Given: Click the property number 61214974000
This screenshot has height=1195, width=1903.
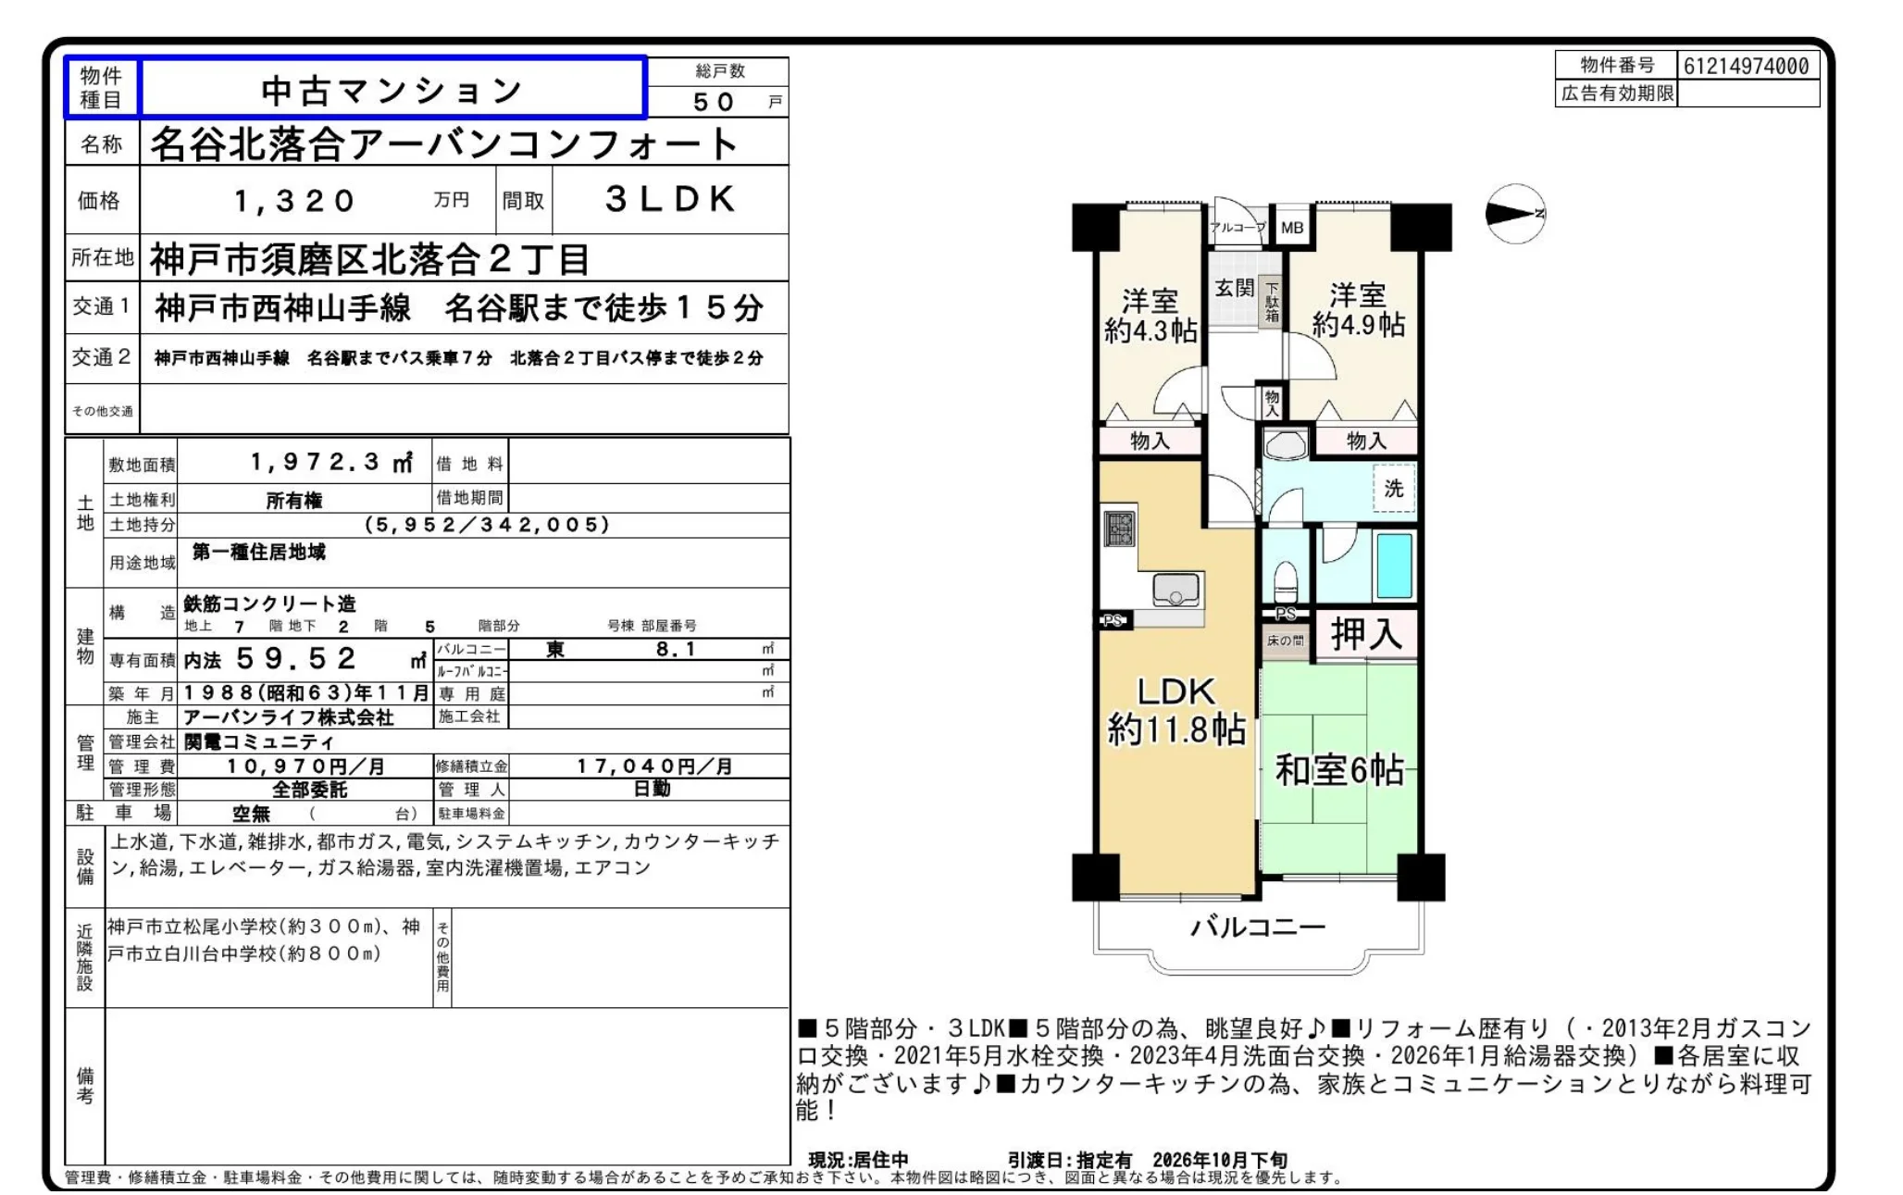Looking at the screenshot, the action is point(1746,66).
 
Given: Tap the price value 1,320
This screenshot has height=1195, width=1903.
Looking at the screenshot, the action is point(294,201).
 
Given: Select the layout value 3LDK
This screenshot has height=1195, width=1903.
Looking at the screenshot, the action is point(670,199).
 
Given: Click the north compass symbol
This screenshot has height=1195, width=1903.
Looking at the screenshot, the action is point(1515,214).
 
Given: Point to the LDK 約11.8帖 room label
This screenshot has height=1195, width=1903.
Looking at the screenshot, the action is point(1176,711).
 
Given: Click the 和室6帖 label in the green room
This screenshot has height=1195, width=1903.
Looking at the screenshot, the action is point(1339,770).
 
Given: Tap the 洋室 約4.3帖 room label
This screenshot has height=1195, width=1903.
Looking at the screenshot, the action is point(1151,316).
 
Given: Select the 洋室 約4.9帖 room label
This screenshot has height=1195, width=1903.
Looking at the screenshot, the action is point(1358,310).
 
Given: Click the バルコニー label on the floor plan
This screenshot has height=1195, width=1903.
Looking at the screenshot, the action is point(1258,927).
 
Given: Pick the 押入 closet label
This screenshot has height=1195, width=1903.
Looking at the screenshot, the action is point(1366,634).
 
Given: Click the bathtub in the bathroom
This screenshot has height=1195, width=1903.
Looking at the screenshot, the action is point(1394,565).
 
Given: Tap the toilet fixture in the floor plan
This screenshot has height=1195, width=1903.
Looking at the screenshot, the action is point(1285,583).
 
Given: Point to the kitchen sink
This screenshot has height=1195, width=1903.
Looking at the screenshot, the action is point(1176,590).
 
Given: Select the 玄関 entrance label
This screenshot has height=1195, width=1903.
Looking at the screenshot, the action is point(1235,288).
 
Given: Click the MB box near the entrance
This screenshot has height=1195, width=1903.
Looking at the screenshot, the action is point(1292,228).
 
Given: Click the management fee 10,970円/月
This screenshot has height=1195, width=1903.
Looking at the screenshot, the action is point(305,766).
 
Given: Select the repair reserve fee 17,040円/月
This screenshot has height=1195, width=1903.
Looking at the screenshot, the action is point(654,766).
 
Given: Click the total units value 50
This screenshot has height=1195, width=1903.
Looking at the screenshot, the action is point(714,102).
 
